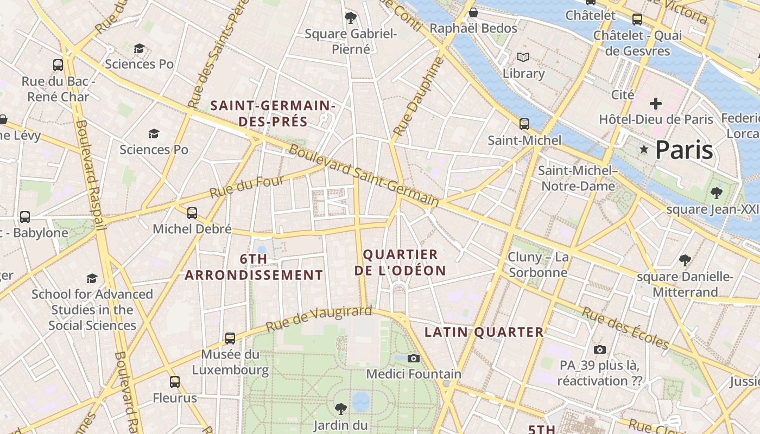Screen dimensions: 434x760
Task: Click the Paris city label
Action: click(x=683, y=150)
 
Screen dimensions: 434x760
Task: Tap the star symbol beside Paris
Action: click(x=644, y=149)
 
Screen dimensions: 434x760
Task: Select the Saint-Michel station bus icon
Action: click(x=524, y=124)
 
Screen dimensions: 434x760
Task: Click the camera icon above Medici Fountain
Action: click(x=414, y=358)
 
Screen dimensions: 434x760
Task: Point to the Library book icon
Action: click(x=523, y=57)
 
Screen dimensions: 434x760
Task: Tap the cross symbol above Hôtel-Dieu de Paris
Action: click(x=656, y=103)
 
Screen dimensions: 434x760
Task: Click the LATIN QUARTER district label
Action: click(x=484, y=332)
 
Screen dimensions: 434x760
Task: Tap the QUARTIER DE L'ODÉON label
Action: click(x=401, y=263)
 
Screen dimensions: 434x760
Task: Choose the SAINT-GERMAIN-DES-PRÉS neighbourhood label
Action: click(x=273, y=113)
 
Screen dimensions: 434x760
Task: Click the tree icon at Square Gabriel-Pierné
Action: click(x=351, y=17)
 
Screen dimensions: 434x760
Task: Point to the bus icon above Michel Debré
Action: click(x=192, y=213)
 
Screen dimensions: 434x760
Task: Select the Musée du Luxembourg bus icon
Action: click(x=230, y=338)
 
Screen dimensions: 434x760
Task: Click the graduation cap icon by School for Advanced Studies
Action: click(x=92, y=278)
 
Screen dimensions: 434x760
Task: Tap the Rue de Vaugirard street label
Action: click(x=319, y=318)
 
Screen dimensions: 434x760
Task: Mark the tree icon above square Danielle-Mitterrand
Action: click(x=685, y=260)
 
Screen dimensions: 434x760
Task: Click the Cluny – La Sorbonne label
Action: click(x=538, y=264)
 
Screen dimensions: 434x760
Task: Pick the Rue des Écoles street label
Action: click(x=625, y=328)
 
